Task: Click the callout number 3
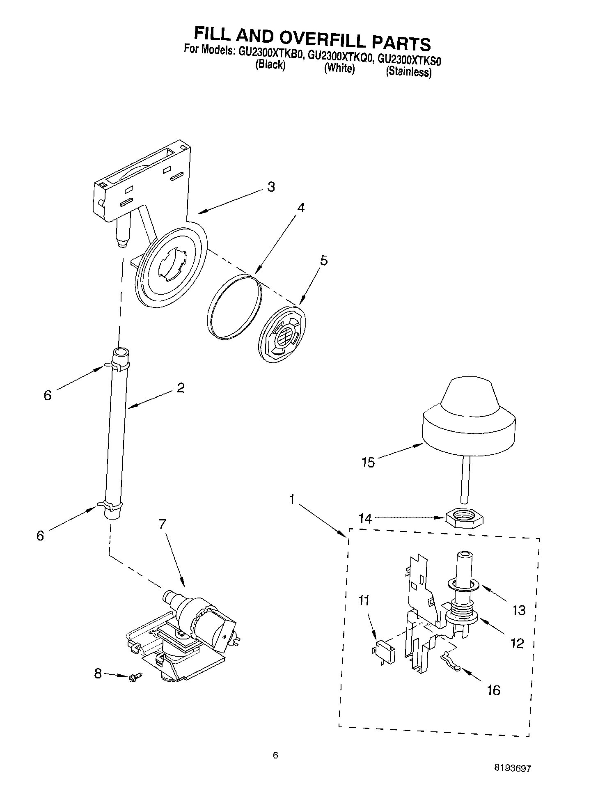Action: click(x=271, y=187)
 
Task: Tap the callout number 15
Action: click(x=369, y=463)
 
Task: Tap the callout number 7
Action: click(x=163, y=524)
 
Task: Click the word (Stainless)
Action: click(x=408, y=72)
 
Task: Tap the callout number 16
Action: click(x=494, y=690)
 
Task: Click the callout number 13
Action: click(x=519, y=610)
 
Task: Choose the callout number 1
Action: click(x=292, y=499)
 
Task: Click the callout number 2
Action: click(x=181, y=388)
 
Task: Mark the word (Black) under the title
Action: click(x=270, y=65)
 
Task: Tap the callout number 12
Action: click(x=518, y=643)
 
